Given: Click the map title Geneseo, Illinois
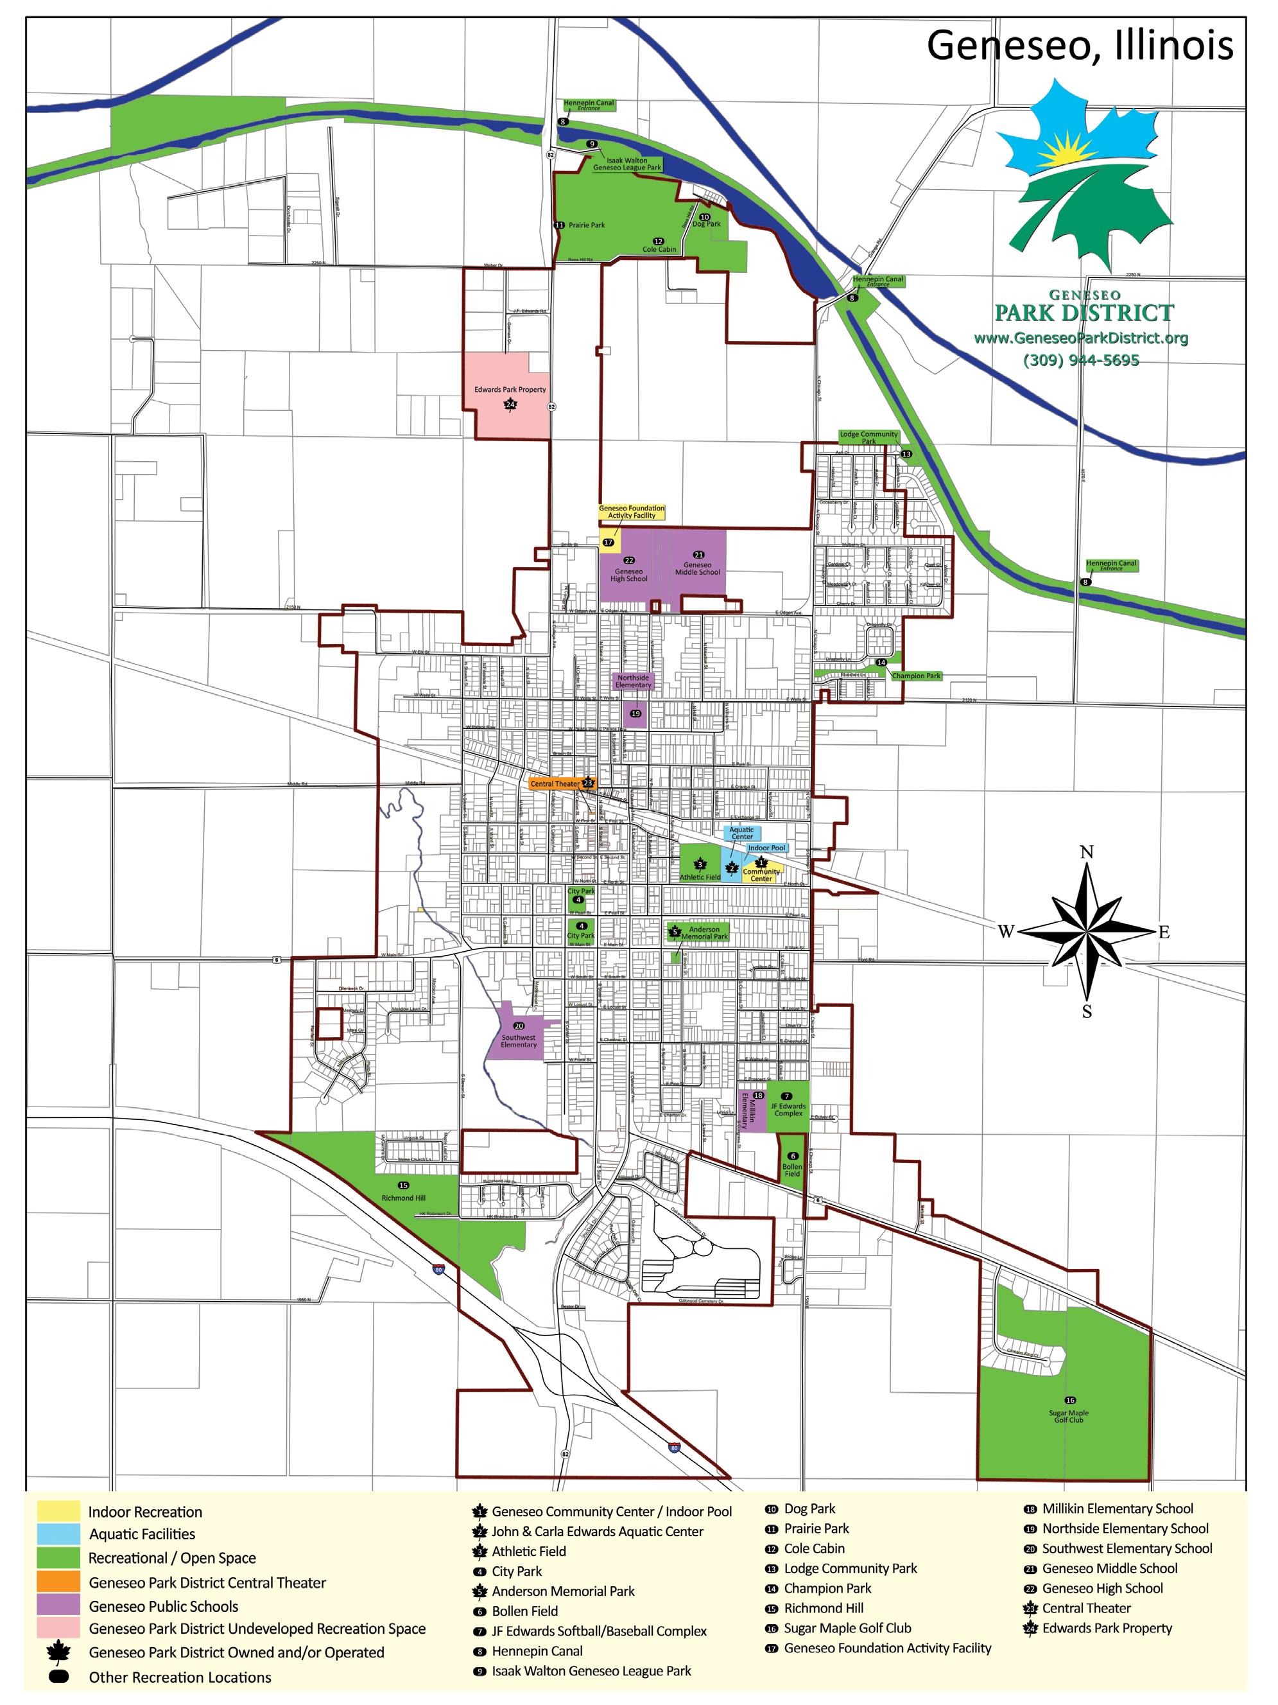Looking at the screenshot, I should coord(1079,46).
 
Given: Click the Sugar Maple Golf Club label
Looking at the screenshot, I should coord(1069,1416).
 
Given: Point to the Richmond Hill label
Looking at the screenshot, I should coord(403,1198).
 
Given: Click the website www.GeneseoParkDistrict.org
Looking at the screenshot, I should coord(1080,338).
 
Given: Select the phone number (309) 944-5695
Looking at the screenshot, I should coord(1080,360).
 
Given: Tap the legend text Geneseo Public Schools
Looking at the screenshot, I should coord(163,1606).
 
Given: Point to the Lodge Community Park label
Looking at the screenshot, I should coord(868,437).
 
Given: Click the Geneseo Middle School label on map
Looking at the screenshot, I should coord(697,568).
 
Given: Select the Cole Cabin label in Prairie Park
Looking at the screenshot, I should coord(659,249).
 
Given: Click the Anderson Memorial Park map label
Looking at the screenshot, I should coord(704,932).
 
